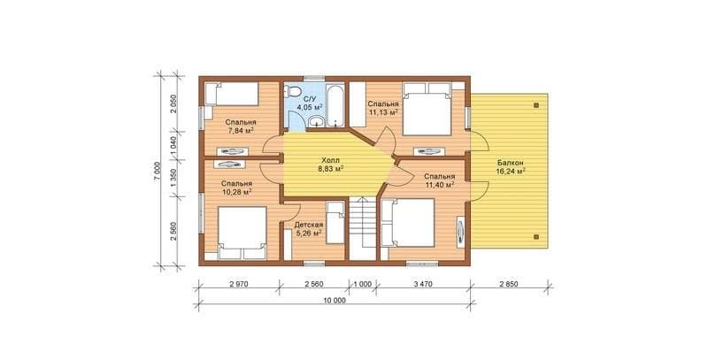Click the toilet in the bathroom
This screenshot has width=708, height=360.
click(293, 91)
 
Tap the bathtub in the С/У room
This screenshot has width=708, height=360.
click(335, 104)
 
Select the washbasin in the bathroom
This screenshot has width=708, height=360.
click(316, 121)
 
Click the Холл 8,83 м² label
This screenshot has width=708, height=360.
click(331, 165)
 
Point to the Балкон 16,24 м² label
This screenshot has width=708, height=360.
click(511, 167)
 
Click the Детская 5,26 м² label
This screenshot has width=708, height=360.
click(308, 229)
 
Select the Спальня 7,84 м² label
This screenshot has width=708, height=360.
click(241, 126)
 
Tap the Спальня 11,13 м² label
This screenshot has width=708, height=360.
click(383, 108)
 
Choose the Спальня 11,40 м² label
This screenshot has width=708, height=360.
click(439, 180)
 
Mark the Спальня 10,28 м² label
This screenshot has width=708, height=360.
click(236, 188)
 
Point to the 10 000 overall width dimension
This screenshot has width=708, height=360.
click(335, 301)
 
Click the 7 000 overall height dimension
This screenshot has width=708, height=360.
click(158, 172)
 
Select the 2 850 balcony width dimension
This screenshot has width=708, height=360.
click(509, 284)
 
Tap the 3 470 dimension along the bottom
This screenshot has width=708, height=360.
click(423, 284)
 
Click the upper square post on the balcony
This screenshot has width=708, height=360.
click(536, 105)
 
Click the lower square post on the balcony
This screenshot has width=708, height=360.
click(536, 236)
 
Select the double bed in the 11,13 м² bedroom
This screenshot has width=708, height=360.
click(427, 109)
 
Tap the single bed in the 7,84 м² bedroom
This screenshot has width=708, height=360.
click(232, 94)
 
